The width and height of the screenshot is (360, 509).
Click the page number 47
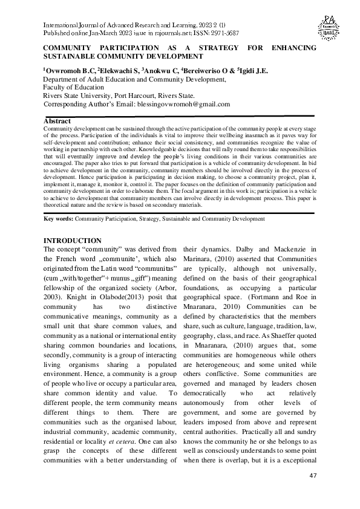312,476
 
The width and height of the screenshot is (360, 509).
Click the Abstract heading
58,122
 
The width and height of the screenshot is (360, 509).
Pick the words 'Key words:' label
61,218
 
